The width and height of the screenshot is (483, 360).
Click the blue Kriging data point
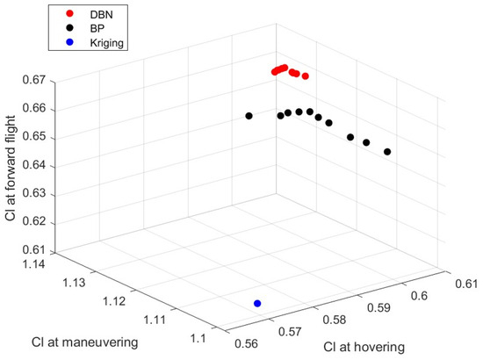click(x=257, y=303)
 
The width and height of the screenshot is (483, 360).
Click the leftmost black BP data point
click(x=249, y=116)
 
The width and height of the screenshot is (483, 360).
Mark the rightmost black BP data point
click(x=387, y=152)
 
